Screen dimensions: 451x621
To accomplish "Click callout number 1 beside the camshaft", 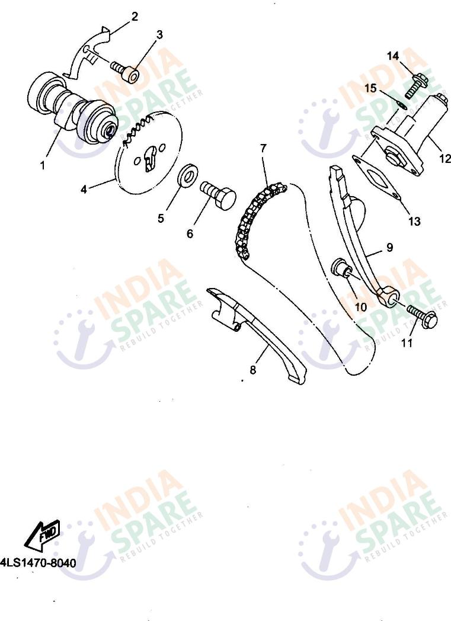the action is pyautogui.click(x=43, y=165).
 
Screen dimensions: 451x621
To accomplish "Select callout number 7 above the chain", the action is pyautogui.click(x=263, y=149).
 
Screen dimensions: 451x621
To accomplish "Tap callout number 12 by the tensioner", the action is pyautogui.click(x=445, y=158).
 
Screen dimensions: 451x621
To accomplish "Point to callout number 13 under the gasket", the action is pyautogui.click(x=414, y=221).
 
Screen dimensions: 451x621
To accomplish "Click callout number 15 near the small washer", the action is pyautogui.click(x=370, y=88).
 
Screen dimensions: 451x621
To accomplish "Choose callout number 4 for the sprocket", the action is pyautogui.click(x=84, y=190).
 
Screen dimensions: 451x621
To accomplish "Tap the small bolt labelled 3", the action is pyautogui.click(x=124, y=71).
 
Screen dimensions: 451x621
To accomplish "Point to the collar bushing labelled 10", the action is pyautogui.click(x=341, y=267).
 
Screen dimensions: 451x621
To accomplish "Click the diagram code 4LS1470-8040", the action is pyautogui.click(x=39, y=563).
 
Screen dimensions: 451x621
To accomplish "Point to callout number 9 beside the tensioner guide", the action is pyautogui.click(x=389, y=248).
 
